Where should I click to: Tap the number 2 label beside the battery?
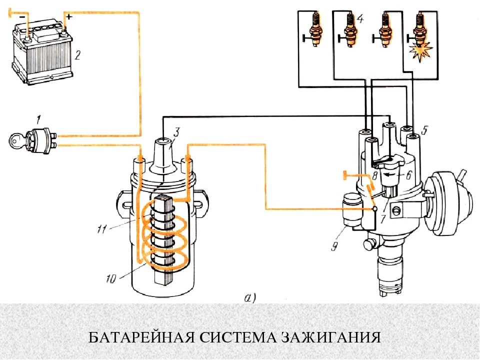77,55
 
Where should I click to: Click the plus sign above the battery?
70,17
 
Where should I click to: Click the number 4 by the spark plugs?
360,19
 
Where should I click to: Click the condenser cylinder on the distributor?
352,211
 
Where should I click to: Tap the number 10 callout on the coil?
111,278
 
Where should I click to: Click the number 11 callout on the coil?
102,229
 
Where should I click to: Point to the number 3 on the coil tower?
176,132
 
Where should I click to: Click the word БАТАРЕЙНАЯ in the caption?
141,337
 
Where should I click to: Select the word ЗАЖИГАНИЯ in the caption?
330,337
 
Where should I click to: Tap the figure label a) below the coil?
250,297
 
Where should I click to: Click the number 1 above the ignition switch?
38,119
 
